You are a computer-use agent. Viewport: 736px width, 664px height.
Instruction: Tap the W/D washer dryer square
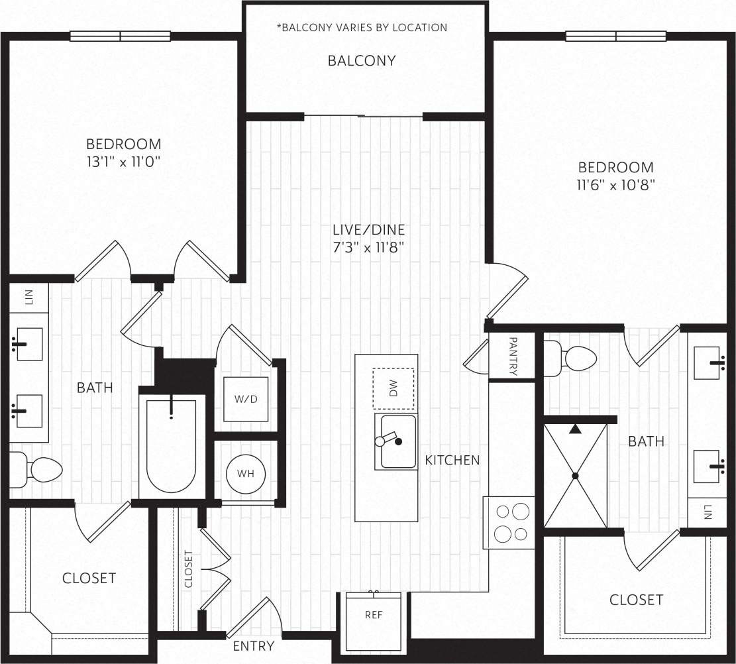(246, 400)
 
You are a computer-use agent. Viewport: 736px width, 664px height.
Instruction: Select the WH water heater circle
(246, 474)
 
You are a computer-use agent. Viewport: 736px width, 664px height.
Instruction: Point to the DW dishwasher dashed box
(393, 389)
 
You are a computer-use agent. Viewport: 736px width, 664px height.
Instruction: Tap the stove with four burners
(509, 522)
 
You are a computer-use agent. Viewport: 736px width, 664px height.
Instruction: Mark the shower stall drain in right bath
(575, 476)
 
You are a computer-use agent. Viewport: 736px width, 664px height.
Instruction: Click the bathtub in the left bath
(171, 447)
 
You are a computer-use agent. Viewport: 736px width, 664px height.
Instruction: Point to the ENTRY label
(253, 646)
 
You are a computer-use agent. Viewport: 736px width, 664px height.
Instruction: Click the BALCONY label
(362, 61)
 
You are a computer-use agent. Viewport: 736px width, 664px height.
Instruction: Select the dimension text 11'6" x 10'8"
(615, 185)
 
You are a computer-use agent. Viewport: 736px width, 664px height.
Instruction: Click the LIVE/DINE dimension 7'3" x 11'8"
(368, 247)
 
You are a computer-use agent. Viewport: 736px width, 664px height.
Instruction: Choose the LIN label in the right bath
(708, 512)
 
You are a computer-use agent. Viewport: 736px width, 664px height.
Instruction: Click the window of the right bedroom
(615, 36)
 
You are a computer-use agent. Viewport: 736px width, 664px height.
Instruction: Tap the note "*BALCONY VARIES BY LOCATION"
(362, 28)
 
